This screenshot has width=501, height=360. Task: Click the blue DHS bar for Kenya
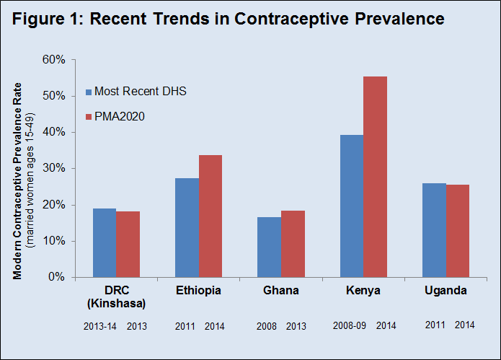pos(351,206)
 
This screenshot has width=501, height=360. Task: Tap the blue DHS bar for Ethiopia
pos(187,227)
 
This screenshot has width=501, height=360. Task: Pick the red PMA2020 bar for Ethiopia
pos(210,216)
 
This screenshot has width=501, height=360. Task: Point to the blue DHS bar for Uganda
pos(434,230)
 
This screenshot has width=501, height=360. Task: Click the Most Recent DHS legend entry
pos(141,92)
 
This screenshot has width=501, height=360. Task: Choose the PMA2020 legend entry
pos(120,116)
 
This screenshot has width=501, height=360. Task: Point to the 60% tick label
pos(56,59)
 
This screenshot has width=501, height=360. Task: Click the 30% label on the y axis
pos(56,168)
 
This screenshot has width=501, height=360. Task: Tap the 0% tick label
pos(58,277)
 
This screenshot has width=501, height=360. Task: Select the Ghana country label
pos(280,291)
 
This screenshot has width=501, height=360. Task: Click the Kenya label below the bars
pos(363,291)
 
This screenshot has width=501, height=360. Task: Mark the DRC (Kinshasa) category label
pos(117,297)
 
